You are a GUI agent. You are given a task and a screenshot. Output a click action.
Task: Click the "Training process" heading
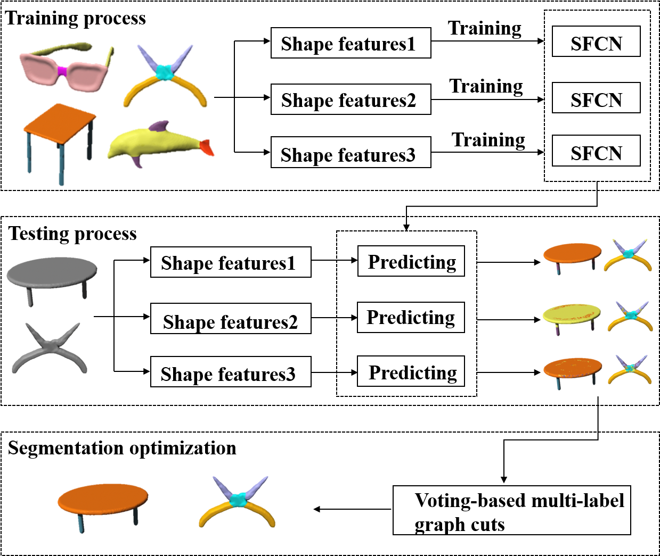point(76,19)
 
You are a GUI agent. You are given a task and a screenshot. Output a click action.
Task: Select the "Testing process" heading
point(73,234)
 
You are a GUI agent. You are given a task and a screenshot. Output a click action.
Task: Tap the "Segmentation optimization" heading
point(122,449)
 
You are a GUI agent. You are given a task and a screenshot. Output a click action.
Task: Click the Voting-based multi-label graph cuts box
point(511,510)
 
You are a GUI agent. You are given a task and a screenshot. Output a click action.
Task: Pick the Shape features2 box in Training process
point(351,99)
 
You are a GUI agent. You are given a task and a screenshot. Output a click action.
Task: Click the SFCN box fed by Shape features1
point(596,42)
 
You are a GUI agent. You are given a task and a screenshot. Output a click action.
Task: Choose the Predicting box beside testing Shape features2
point(411,318)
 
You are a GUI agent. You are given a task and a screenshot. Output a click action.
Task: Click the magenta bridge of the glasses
point(62,71)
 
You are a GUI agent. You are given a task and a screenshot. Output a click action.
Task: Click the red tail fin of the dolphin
point(207,147)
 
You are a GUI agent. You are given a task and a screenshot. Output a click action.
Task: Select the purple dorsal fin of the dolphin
point(159,127)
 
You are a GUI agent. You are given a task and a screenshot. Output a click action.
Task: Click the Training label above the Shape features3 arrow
point(488,140)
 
